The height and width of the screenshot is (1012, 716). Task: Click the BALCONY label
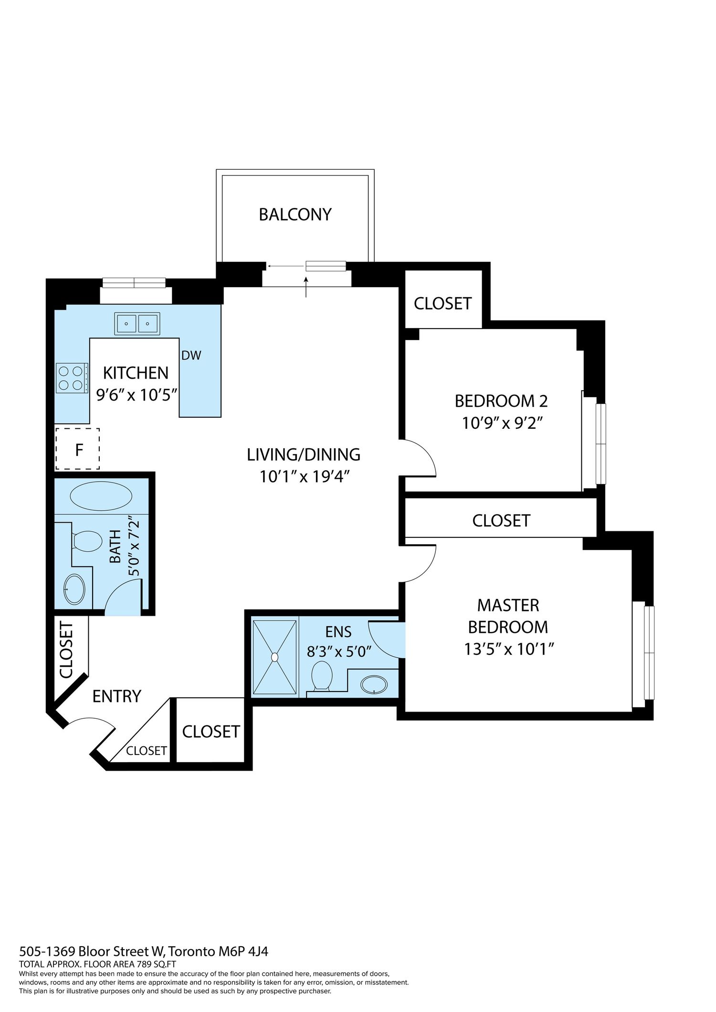point(295,215)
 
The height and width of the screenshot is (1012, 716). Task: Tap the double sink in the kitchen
point(137,324)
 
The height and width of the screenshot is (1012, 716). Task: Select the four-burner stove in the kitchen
point(72,378)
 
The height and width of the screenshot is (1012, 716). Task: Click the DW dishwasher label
point(191,355)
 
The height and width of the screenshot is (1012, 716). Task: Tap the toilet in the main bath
point(86,541)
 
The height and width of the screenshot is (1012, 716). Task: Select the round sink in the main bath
point(74,589)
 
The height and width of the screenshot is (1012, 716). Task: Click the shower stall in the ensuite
point(274,657)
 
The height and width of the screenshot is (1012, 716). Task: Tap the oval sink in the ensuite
point(374,684)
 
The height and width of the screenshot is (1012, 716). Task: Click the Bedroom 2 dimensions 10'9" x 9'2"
point(503,423)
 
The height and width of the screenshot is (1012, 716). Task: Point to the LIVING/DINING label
point(304,454)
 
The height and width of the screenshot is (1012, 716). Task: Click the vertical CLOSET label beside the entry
point(66,650)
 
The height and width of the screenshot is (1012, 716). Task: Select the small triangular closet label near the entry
point(147,751)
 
